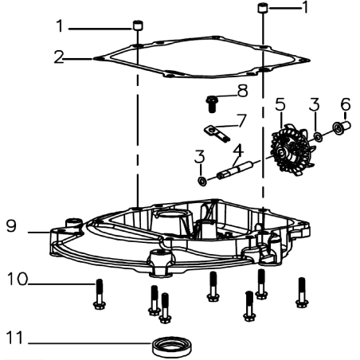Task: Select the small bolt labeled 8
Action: point(212,102)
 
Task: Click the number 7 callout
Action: point(242,119)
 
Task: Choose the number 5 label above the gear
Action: point(280,104)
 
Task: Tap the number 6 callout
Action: point(345,104)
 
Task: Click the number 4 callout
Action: point(237,149)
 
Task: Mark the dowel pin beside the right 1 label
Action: point(262,9)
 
